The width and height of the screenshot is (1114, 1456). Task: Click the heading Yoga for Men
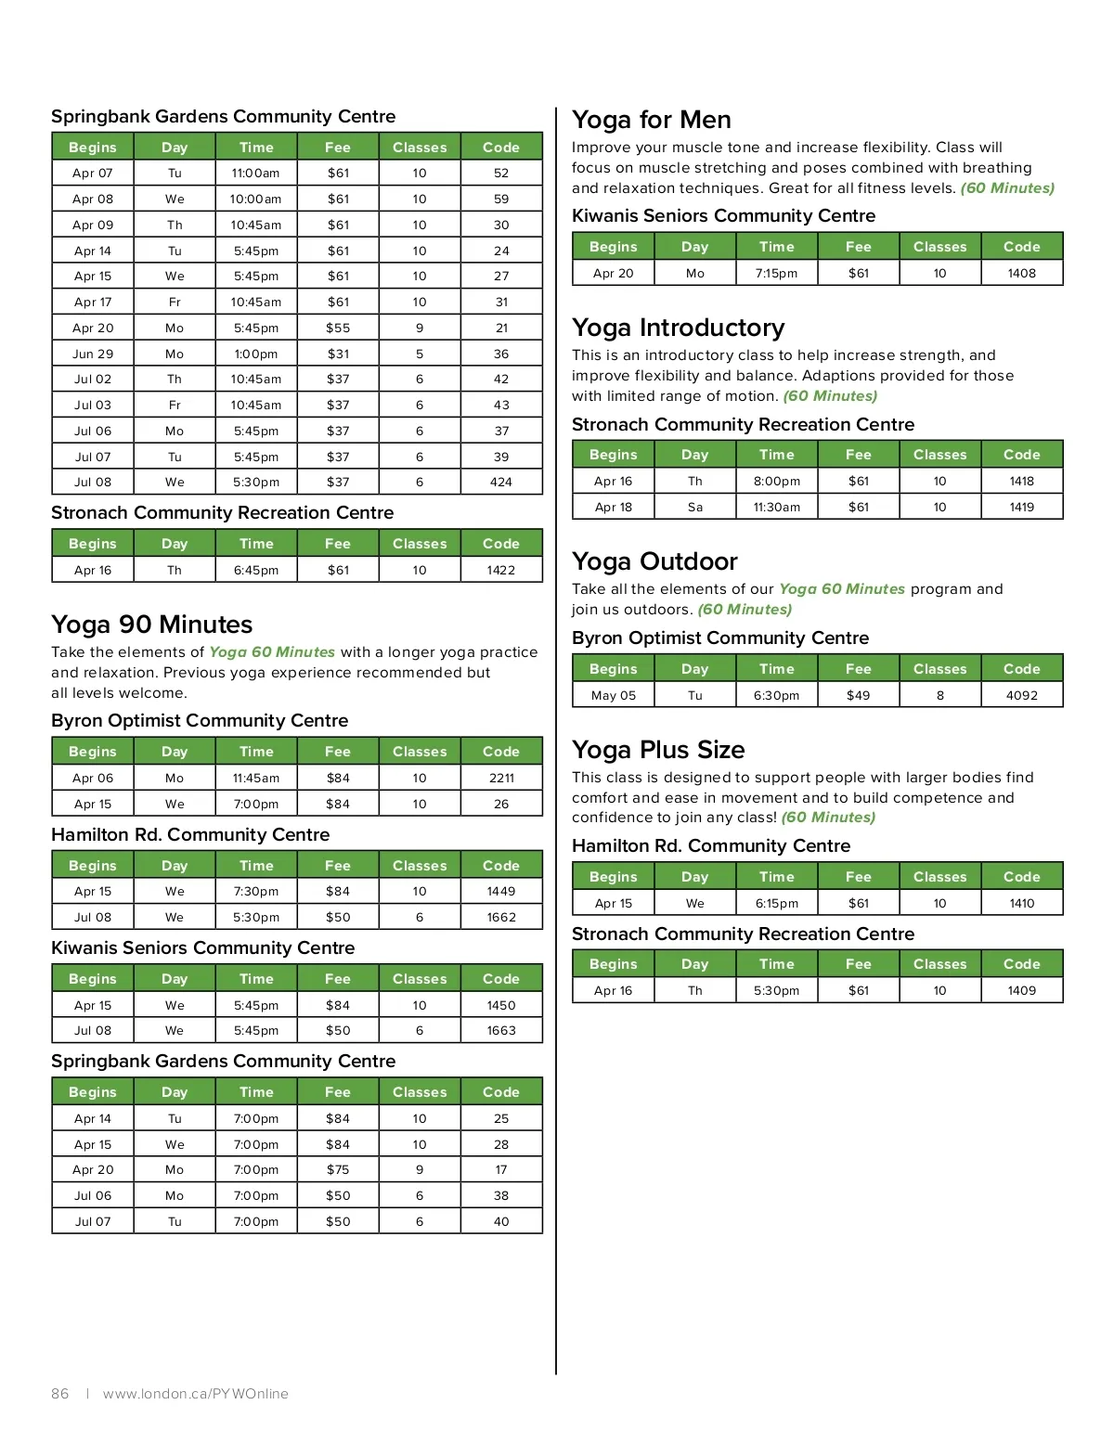(x=651, y=120)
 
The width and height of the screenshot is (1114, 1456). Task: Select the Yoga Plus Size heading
(x=658, y=750)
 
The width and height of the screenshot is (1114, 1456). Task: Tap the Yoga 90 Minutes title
(x=151, y=625)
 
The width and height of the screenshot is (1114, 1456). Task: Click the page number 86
(x=60, y=1394)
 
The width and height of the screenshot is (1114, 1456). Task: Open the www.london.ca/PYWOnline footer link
(x=196, y=1394)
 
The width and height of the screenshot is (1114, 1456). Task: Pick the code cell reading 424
(x=501, y=483)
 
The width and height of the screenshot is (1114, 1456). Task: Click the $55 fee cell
(x=338, y=328)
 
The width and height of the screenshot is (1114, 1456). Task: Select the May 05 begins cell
(x=614, y=695)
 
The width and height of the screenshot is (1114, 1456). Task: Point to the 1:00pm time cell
(x=256, y=354)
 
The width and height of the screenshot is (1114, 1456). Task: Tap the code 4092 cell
(x=1022, y=695)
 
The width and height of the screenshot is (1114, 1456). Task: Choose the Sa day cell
(x=695, y=507)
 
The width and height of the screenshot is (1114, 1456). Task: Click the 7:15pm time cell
(x=776, y=273)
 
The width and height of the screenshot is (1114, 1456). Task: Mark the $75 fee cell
(x=338, y=1170)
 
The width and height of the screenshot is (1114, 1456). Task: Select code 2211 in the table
(x=501, y=778)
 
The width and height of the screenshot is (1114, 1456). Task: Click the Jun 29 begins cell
(x=93, y=354)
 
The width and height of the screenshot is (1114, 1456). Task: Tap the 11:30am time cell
(x=776, y=507)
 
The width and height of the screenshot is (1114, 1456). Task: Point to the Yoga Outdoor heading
(x=654, y=561)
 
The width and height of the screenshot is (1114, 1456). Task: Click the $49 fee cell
(x=859, y=695)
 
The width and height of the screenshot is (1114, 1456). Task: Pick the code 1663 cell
(x=501, y=1031)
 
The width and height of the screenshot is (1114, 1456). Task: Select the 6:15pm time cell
(x=776, y=903)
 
